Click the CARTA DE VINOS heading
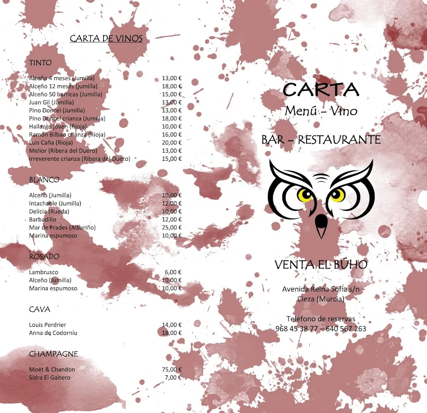pyautogui.click(x=106, y=39)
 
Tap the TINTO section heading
pyautogui.click(x=40, y=63)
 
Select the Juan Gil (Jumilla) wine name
pyautogui.click(x=51, y=102)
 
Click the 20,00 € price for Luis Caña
pyautogui.click(x=172, y=142)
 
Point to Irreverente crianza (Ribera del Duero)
pyautogui.click(x=80, y=159)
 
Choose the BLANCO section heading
pyautogui.click(x=44, y=180)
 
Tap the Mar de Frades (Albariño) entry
pyautogui.click(x=63, y=228)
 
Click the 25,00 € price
pyautogui.click(x=172, y=228)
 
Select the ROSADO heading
pyautogui.click(x=44, y=256)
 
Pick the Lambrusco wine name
pyautogui.click(x=44, y=272)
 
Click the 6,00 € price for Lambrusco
pyautogui.click(x=173, y=272)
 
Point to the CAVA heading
pyautogui.click(x=40, y=309)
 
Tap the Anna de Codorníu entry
pyautogui.click(x=53, y=333)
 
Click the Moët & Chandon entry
pyautogui.click(x=52, y=370)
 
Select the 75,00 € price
pyautogui.click(x=172, y=370)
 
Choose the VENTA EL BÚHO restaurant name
pyautogui.click(x=321, y=265)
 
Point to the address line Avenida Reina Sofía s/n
pyautogui.click(x=321, y=289)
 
